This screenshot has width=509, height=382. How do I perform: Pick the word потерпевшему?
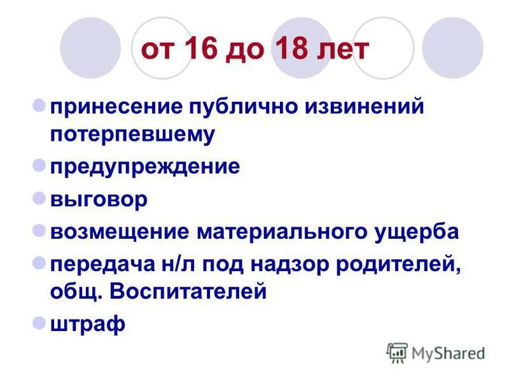[133, 134]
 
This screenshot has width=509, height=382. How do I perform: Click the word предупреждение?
[145, 167]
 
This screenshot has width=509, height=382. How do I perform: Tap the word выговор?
[99, 199]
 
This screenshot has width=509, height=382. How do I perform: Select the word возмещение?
[119, 231]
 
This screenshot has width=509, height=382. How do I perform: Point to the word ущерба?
[417, 231]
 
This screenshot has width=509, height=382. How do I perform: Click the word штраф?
[88, 324]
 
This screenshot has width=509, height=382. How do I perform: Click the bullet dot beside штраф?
[38, 322]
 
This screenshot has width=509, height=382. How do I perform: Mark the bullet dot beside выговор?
[38, 197]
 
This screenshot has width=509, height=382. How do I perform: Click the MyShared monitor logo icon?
[397, 352]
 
